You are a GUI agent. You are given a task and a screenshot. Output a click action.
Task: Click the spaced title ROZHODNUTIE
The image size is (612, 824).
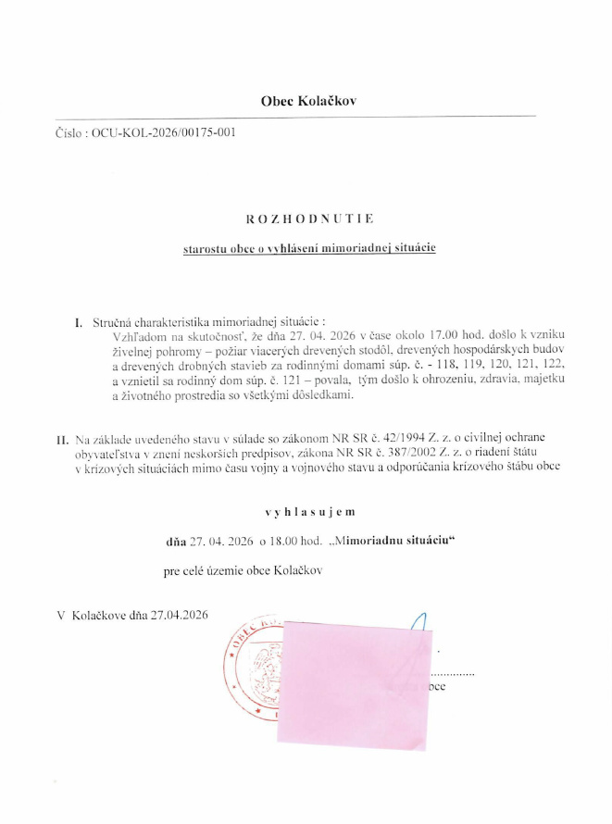[x=309, y=219]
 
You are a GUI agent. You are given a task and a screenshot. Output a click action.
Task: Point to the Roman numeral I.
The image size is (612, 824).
[x=79, y=322]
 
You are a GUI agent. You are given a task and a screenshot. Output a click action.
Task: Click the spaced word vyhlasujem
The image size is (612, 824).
[x=308, y=510]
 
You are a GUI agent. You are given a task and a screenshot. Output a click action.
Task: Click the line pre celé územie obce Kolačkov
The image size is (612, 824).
[x=243, y=571]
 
